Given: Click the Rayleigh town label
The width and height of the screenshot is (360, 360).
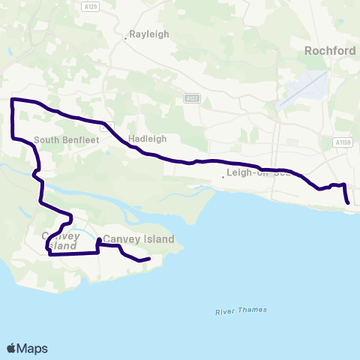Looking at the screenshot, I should (148, 34).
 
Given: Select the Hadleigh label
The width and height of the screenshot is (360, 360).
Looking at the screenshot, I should (147, 139).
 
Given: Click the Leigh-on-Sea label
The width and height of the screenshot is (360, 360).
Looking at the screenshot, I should (255, 175).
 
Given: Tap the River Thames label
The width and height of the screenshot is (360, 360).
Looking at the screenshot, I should (235, 310).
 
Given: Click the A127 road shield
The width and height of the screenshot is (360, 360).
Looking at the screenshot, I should (192, 97).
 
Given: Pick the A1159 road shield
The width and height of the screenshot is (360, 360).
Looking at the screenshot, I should (343, 142).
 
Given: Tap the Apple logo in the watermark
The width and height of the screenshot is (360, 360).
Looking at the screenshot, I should (11, 348).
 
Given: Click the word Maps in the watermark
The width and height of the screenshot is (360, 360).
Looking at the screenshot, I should (32, 348).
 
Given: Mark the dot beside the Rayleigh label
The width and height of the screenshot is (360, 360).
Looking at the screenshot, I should (125, 35).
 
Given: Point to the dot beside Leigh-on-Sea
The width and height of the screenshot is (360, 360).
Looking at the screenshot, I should (223, 177).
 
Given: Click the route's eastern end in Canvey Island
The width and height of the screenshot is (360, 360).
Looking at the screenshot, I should (150, 259).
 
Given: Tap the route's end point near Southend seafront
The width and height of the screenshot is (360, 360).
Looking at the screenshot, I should (348, 202).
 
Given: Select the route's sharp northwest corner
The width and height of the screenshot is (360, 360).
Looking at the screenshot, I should (12, 100).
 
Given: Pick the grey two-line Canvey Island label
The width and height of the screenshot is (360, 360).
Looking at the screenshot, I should (61, 241).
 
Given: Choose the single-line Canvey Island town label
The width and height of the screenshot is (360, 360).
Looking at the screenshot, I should (139, 240).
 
